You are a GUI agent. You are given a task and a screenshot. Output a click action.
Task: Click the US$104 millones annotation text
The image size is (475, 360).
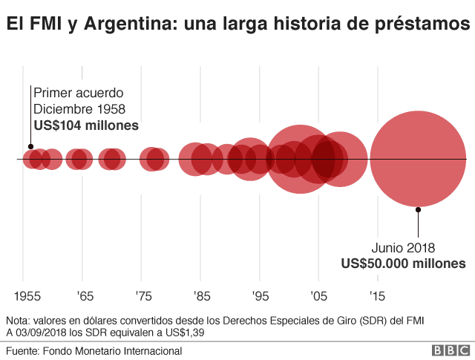(x=86, y=125)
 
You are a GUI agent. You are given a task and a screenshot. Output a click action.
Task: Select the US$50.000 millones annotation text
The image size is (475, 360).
(x=404, y=264)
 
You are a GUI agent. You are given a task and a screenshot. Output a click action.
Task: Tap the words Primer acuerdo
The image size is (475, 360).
(x=78, y=93)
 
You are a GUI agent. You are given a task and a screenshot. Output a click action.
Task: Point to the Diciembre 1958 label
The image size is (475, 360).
(x=84, y=109)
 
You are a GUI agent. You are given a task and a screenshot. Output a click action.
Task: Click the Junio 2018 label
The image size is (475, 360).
(x=404, y=248)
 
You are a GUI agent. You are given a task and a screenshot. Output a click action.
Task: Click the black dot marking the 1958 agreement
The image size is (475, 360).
(x=30, y=147)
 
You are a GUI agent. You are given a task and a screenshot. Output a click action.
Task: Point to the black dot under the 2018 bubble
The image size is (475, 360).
(x=419, y=210)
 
